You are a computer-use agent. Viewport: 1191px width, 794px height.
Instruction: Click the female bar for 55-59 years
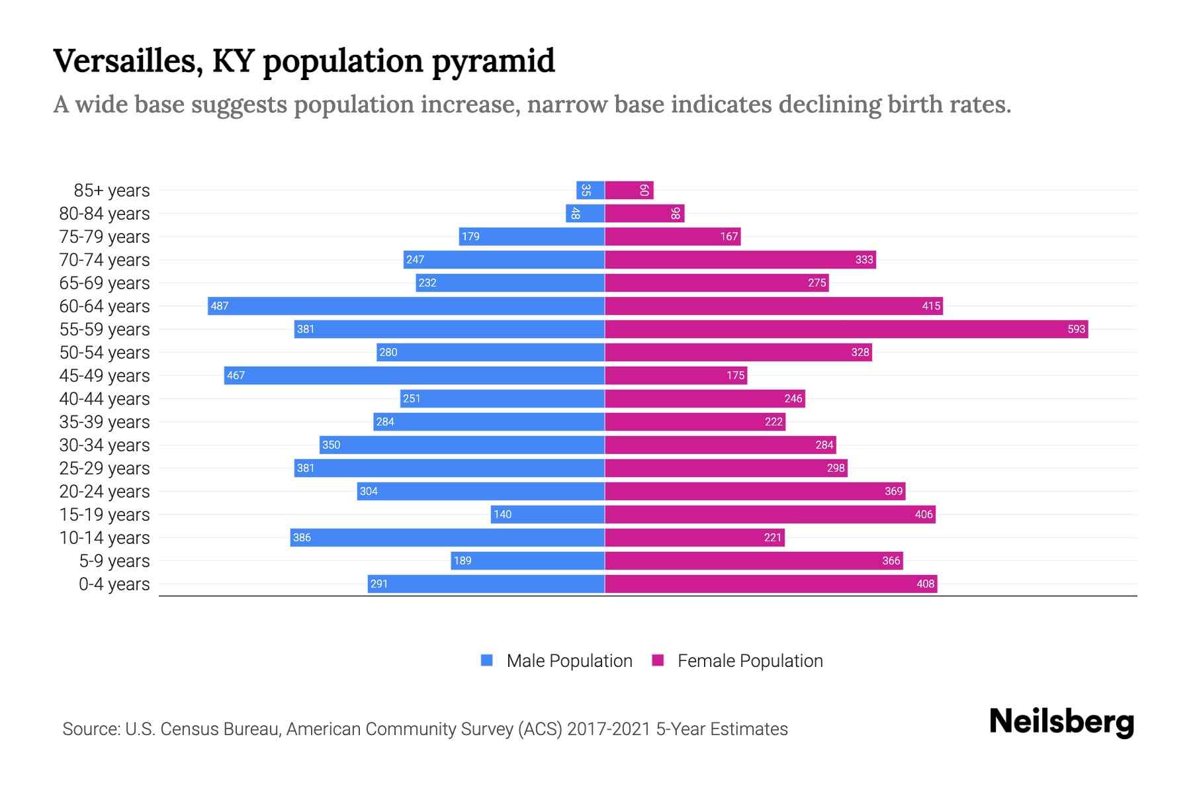tap(846, 329)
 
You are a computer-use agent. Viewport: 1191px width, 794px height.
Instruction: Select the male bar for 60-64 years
tap(406, 306)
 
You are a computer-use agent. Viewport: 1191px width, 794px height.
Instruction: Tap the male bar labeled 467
tap(414, 375)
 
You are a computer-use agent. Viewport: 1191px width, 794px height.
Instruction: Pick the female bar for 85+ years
tap(629, 190)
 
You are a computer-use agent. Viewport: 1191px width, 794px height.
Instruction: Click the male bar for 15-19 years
tap(548, 514)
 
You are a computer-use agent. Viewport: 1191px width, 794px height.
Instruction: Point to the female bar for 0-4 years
tap(771, 584)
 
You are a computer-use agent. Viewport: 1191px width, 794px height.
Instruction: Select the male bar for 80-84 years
tap(586, 213)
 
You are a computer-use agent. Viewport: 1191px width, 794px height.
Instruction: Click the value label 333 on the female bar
tap(864, 259)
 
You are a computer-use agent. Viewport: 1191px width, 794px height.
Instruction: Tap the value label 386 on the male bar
tap(302, 537)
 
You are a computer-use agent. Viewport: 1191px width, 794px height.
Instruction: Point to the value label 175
tap(735, 375)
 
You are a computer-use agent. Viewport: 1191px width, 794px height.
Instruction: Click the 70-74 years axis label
tap(105, 259)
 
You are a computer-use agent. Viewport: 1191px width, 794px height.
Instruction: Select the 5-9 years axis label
tap(114, 560)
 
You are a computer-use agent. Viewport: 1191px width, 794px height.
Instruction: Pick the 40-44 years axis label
tap(105, 398)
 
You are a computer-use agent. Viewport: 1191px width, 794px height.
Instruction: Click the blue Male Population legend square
tap(487, 660)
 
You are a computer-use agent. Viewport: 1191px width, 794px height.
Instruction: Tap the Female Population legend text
tap(750, 660)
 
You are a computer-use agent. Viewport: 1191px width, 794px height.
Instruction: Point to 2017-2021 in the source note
tap(608, 728)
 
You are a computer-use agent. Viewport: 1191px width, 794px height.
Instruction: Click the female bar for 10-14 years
tap(695, 537)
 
